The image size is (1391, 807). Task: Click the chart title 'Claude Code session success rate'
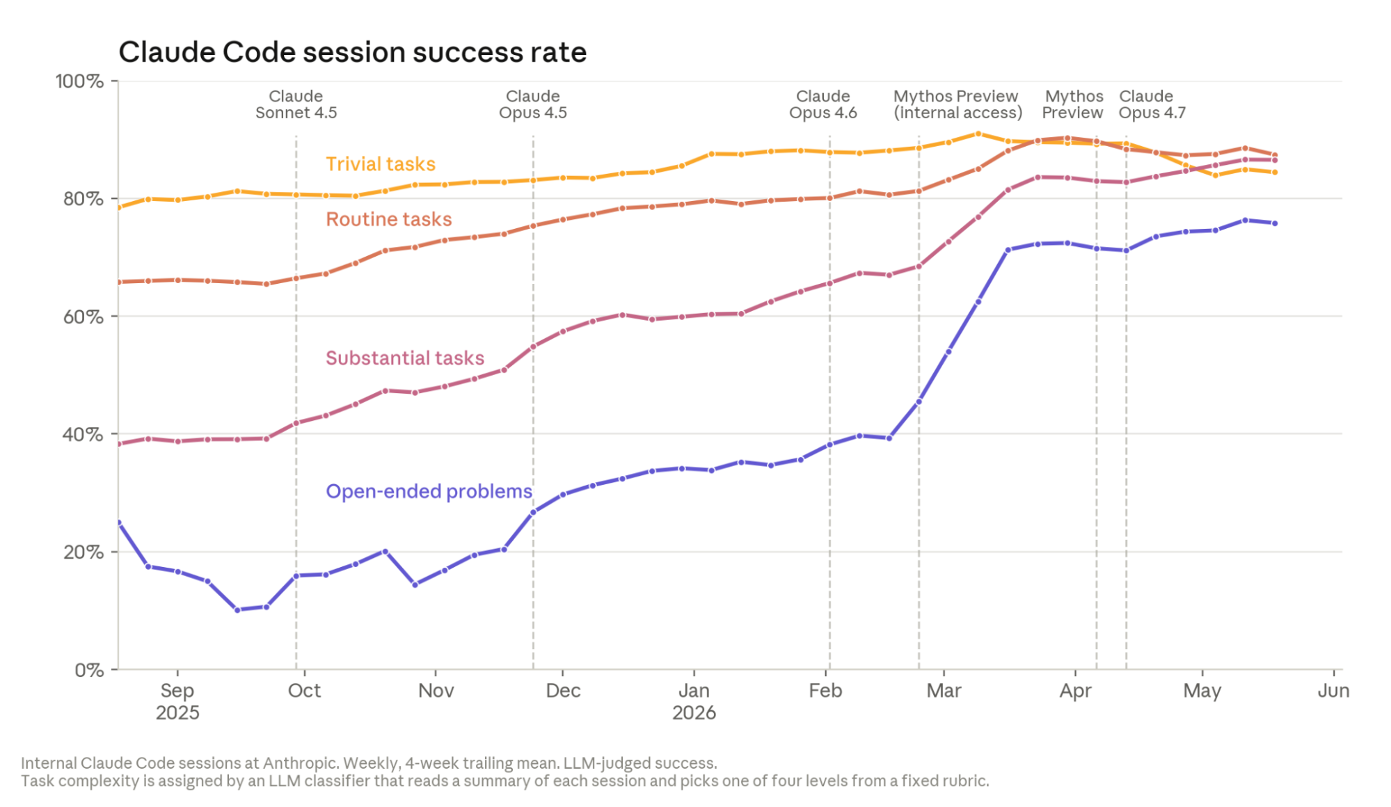[x=352, y=52]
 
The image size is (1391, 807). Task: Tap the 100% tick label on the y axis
[x=80, y=81]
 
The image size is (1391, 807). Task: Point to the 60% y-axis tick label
[x=84, y=317]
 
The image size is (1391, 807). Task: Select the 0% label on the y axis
[x=90, y=671]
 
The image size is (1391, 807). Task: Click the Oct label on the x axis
[x=304, y=691]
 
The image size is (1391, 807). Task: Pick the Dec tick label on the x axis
[x=563, y=691]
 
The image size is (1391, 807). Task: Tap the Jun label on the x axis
[x=1333, y=691]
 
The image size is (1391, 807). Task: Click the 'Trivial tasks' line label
[x=381, y=164]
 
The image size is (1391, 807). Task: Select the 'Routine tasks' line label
[x=389, y=220]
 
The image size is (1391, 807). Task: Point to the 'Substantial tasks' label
[x=405, y=358]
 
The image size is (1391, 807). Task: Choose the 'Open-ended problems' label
[x=429, y=492]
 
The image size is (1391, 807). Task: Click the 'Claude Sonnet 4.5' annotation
[x=296, y=105]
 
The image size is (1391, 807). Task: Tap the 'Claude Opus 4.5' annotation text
[x=533, y=105]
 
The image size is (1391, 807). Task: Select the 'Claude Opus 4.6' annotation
[x=823, y=105]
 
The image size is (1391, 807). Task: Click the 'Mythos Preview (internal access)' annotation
[x=957, y=105]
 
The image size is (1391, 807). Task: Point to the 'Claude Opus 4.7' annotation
[x=1152, y=105]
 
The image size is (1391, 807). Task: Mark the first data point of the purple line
[x=118, y=523]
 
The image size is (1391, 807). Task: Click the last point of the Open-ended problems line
[x=1275, y=223]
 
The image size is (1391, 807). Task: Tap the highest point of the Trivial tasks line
[x=978, y=134]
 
